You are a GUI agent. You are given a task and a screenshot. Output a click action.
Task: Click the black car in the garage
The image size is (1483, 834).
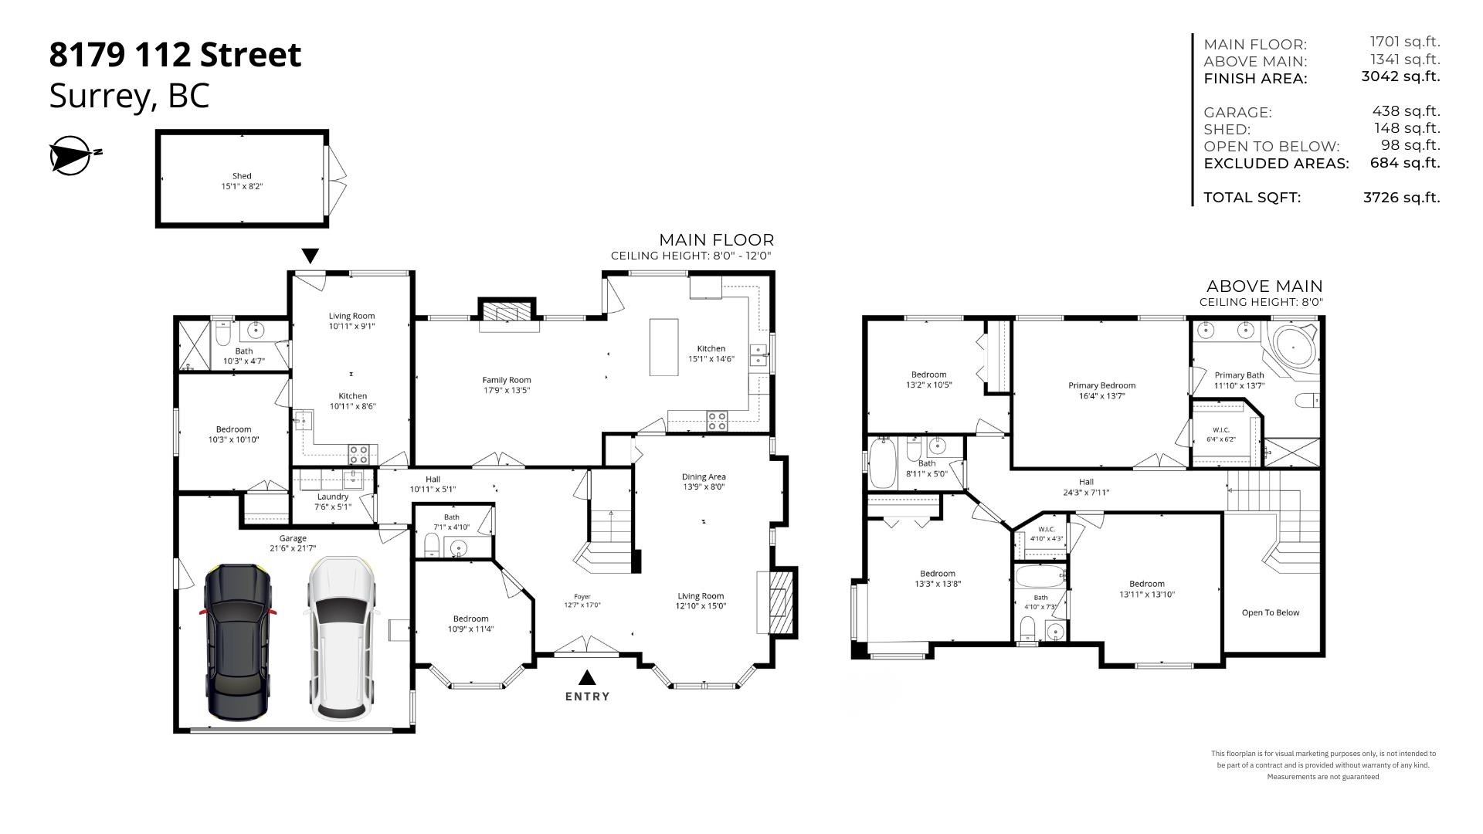pyautogui.click(x=238, y=641)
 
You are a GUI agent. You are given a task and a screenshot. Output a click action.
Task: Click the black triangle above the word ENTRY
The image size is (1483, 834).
pyautogui.click(x=587, y=677)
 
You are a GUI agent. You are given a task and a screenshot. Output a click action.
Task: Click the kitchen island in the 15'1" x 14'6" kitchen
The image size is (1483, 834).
pyautogui.click(x=663, y=347)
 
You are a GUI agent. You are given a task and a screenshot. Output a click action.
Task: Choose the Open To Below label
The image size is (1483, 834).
pyautogui.click(x=1271, y=612)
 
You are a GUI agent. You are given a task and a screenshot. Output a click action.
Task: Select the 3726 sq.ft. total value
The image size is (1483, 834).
pyautogui.click(x=1401, y=198)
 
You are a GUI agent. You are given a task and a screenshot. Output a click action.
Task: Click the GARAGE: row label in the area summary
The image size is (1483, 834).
pyautogui.click(x=1237, y=113)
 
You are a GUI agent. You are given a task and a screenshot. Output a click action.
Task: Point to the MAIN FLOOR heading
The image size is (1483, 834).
pyautogui.click(x=716, y=240)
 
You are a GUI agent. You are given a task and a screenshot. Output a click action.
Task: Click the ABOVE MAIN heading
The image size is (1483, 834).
pyautogui.click(x=1264, y=286)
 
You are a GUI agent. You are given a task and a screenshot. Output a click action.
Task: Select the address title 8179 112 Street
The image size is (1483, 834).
pyautogui.click(x=175, y=55)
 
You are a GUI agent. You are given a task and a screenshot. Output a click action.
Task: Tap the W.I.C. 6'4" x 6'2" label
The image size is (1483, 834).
pyautogui.click(x=1220, y=434)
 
